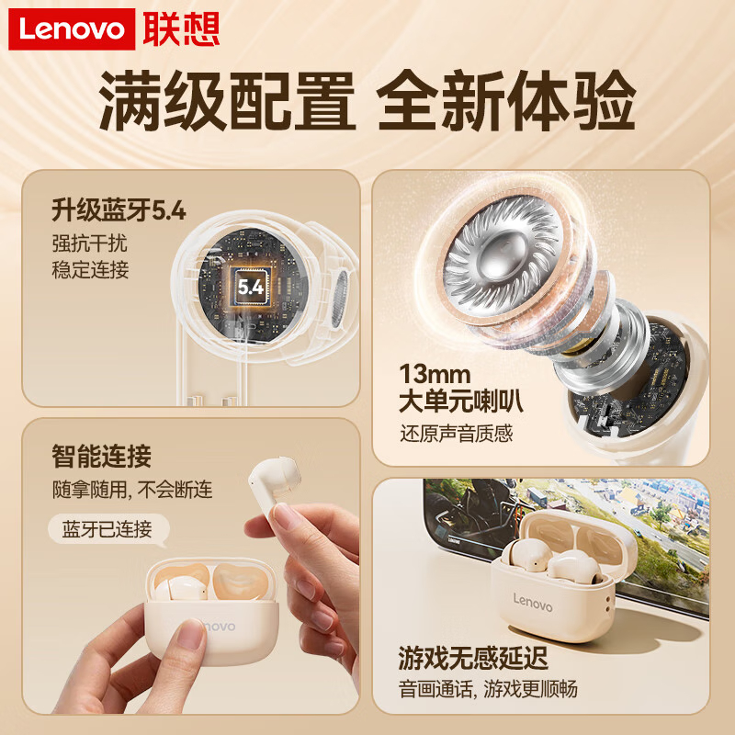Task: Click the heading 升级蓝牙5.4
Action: (x=119, y=211)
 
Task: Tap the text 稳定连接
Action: (x=90, y=270)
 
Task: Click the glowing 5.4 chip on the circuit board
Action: (x=250, y=287)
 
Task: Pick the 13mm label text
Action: (x=435, y=374)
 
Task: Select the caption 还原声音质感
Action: (x=456, y=434)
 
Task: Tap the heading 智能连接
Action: (x=102, y=455)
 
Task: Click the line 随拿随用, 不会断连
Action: (x=132, y=490)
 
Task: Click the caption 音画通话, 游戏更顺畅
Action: (x=488, y=688)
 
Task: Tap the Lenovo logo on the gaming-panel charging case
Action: (x=532, y=604)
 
